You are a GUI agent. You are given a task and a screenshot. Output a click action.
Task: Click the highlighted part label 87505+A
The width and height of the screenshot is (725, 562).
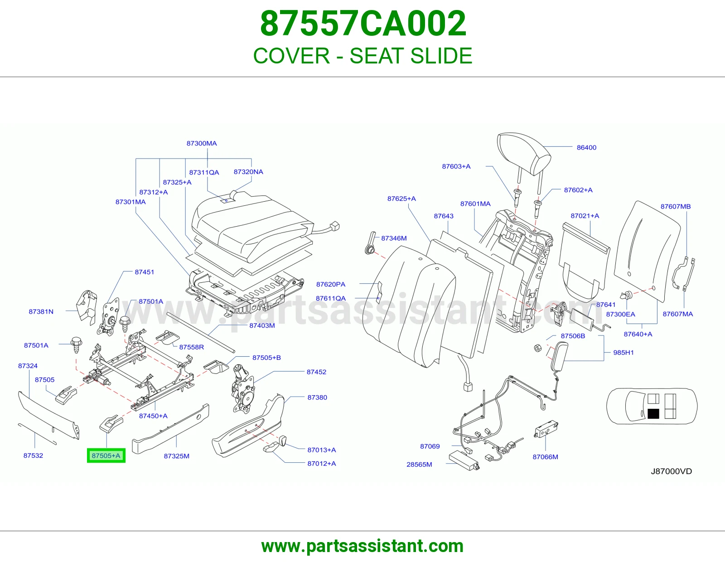(x=106, y=455)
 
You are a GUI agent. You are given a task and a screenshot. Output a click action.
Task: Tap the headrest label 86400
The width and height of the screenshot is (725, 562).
(x=586, y=147)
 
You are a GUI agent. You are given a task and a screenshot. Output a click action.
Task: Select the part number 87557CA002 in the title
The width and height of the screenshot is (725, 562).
(x=363, y=24)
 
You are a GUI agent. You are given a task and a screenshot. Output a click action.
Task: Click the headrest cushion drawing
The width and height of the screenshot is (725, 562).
(x=524, y=154)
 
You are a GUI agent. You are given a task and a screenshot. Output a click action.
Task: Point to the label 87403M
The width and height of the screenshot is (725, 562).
(x=262, y=325)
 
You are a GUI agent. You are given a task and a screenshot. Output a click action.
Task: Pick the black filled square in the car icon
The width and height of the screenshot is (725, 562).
(x=653, y=414)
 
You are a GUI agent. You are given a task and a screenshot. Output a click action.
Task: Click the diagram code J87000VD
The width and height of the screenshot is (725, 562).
(x=671, y=471)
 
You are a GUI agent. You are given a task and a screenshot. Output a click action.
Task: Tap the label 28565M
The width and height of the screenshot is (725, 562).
(x=419, y=465)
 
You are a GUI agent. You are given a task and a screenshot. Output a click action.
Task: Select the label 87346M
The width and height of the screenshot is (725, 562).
(x=394, y=238)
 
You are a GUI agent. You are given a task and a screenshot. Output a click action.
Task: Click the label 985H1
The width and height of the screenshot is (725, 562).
(x=623, y=353)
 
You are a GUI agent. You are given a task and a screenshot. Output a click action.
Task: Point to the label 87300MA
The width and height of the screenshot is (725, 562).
(x=202, y=143)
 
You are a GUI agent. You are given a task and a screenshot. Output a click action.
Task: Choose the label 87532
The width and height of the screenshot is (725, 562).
(x=33, y=455)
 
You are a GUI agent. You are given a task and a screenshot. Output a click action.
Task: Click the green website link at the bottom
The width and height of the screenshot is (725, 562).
(x=362, y=546)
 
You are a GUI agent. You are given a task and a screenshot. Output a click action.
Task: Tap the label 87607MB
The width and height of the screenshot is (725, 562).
(x=676, y=207)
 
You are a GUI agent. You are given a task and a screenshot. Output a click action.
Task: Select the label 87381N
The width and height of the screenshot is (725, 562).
(x=41, y=312)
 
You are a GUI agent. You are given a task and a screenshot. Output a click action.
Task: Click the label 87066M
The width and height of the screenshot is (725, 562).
(x=545, y=457)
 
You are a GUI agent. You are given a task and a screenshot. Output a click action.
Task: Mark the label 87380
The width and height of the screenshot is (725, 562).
(x=317, y=397)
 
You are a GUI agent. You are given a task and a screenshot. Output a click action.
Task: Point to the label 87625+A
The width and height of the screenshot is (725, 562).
(x=401, y=199)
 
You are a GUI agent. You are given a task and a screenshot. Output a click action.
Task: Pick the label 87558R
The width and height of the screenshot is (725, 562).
(x=192, y=347)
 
